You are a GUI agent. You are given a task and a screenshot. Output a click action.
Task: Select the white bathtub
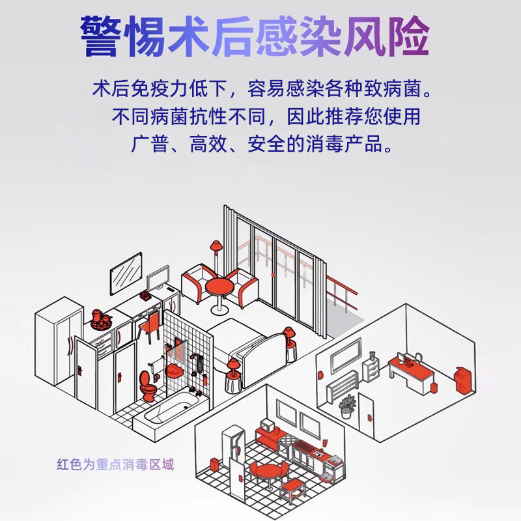(x=166, y=412)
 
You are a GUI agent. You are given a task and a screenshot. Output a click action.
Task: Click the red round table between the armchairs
(x=218, y=287)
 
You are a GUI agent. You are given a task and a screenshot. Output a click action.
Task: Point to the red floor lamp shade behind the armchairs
(x=215, y=246)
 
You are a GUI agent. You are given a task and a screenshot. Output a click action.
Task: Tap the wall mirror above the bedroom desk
(x=126, y=274)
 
